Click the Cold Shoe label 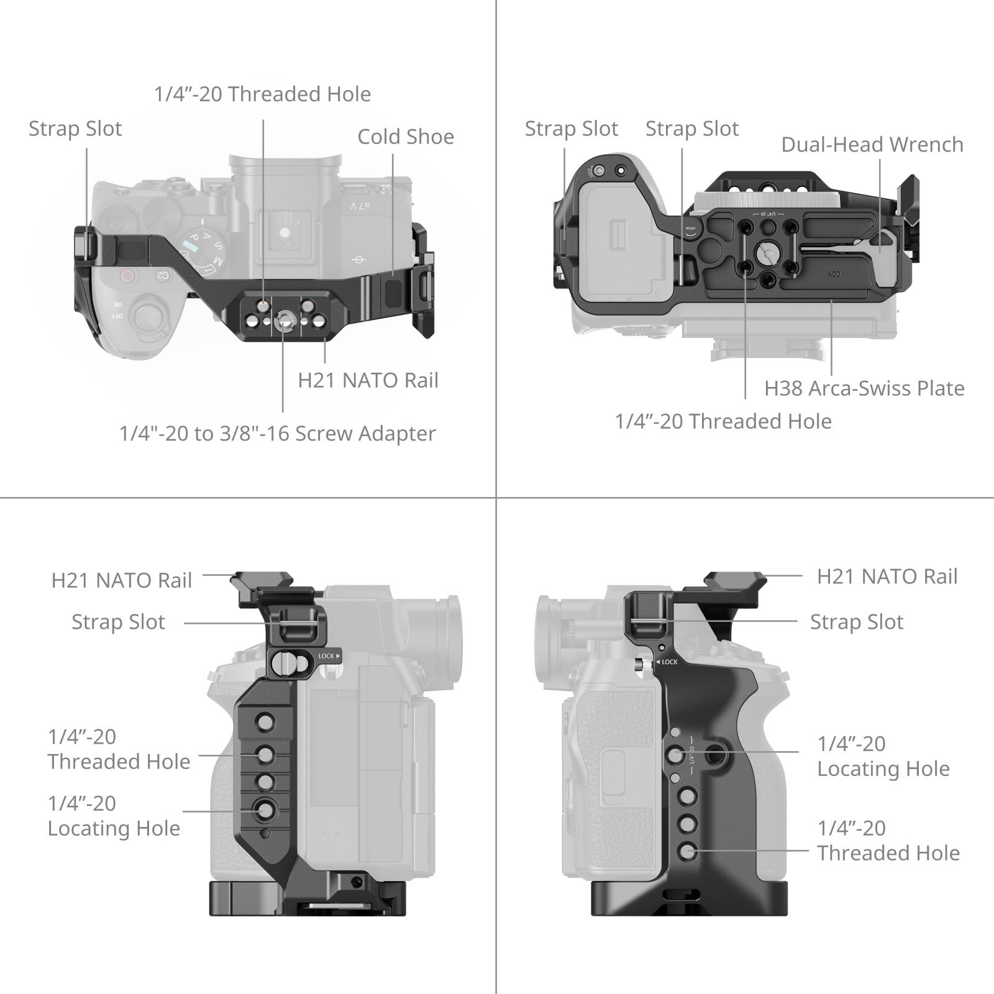(406, 137)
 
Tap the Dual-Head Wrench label (872, 144)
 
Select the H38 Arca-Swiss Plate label (864, 388)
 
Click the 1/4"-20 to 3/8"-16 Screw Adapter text (278, 433)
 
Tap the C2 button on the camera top (161, 274)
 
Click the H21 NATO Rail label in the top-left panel (368, 380)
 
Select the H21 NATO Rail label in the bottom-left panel (122, 580)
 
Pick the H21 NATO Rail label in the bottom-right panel (887, 576)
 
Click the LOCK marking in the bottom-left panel (327, 656)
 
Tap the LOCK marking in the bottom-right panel (670, 662)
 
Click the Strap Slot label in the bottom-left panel (118, 622)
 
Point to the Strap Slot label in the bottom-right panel (857, 622)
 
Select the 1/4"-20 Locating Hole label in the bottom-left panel (114, 816)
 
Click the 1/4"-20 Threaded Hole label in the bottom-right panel (888, 841)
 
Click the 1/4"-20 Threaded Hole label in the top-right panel (723, 421)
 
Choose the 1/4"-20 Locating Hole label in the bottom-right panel (883, 756)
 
